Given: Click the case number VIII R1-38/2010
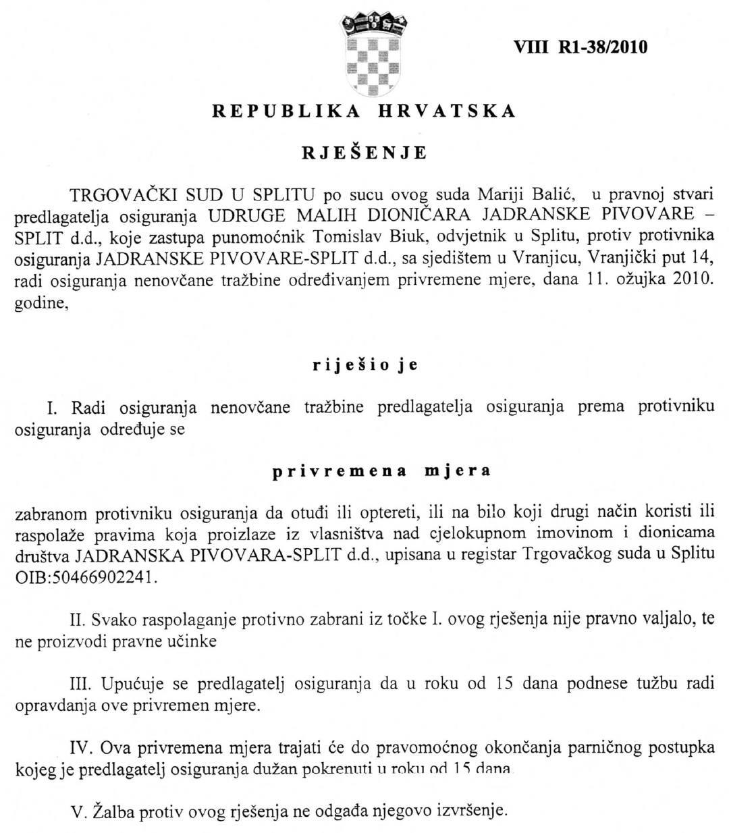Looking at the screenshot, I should point(580,47).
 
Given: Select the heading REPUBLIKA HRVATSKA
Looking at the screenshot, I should point(364,111).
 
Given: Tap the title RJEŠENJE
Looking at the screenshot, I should point(364,153).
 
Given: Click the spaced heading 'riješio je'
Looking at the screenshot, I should point(365,365).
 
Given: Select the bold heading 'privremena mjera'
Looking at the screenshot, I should point(381,471).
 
